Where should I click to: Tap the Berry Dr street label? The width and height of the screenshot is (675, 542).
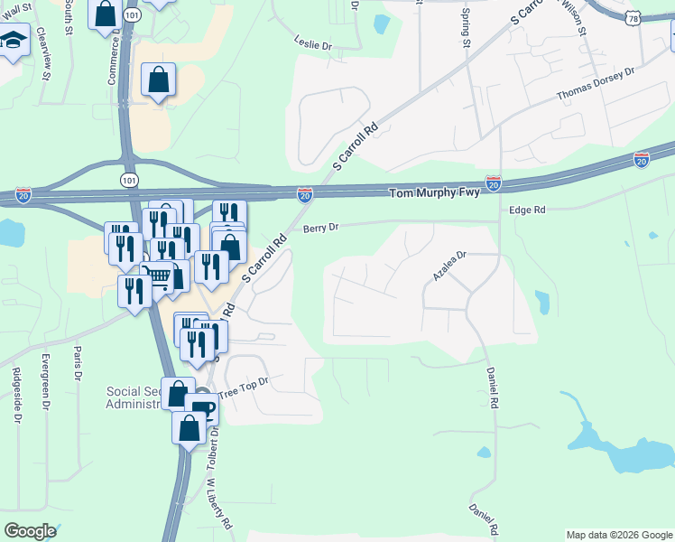pos(320,229)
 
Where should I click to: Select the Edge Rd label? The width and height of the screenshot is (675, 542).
pos(528,210)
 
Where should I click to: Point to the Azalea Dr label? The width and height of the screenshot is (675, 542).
pos(448,266)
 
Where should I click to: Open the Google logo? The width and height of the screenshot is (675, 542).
pos(30,530)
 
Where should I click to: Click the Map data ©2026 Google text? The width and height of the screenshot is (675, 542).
pos(618,535)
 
